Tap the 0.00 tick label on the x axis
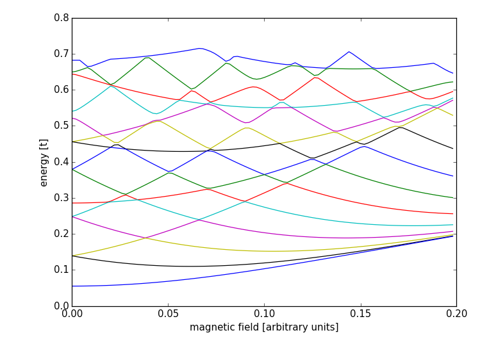click(x=72, y=315)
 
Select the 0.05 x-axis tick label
click(x=168, y=315)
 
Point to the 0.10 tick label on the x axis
click(x=264, y=315)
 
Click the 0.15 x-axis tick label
click(x=360, y=315)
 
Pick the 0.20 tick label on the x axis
click(x=456, y=315)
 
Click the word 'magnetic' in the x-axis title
click(x=209, y=327)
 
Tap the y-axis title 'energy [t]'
click(x=44, y=162)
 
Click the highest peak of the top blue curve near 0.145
click(x=349, y=52)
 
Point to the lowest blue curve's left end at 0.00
click(x=72, y=286)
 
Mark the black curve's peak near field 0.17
click(x=400, y=127)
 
